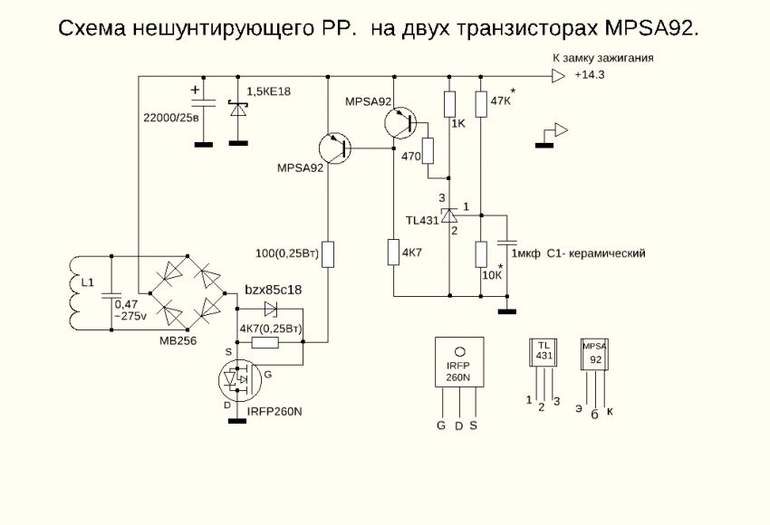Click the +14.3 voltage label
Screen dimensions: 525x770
click(x=589, y=76)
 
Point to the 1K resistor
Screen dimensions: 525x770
click(x=449, y=104)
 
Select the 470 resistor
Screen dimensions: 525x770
click(x=429, y=151)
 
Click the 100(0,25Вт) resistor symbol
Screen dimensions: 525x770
click(x=329, y=253)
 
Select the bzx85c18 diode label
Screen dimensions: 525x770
click(x=273, y=290)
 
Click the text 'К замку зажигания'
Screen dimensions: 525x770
click(x=603, y=58)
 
